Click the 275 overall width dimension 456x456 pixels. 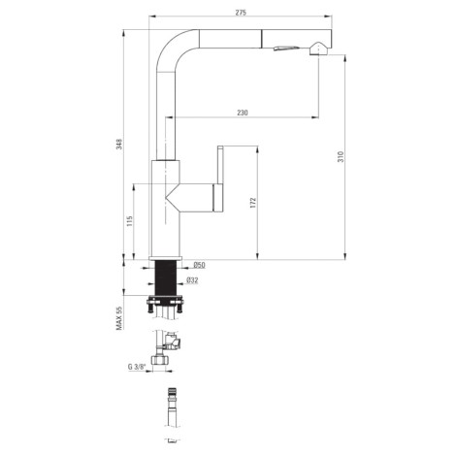coord(241,13)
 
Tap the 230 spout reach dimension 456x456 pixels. coord(243,113)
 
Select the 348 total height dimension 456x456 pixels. coord(119,144)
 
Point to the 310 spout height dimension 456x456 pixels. coord(342,156)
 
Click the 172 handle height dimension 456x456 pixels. coord(253,203)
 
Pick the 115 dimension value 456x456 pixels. coord(130,221)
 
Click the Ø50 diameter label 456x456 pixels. coord(200,265)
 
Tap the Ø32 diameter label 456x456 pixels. coord(192,280)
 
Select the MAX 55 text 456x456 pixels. coord(119,318)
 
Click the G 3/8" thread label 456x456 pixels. coord(137,367)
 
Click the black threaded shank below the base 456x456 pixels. coord(166,278)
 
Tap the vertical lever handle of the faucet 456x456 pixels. coord(220,165)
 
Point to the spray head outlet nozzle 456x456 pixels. coord(319,49)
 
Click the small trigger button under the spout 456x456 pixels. coord(286,49)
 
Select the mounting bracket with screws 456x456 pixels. coord(165,305)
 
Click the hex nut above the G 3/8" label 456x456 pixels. coord(159,360)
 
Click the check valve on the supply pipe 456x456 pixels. coord(173,342)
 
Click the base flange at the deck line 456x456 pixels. coord(166,258)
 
